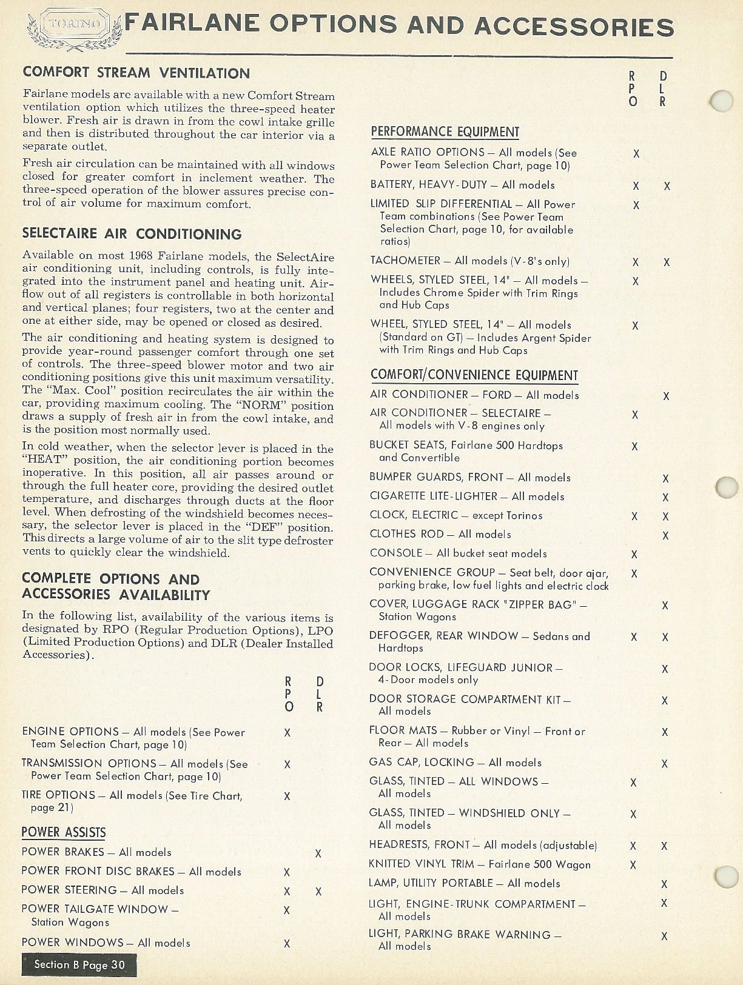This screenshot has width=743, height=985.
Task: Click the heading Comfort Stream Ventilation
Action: coord(136,73)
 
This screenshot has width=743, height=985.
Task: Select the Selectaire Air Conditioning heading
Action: coord(132,234)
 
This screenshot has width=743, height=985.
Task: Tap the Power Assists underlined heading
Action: coord(63,833)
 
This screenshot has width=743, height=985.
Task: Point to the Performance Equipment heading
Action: coord(445,132)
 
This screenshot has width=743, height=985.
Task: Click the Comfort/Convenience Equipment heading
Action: coord(474,376)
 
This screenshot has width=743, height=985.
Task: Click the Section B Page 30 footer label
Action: coord(79,965)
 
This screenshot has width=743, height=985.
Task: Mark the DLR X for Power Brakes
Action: coord(318,853)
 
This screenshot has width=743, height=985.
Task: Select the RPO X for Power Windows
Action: coord(287,943)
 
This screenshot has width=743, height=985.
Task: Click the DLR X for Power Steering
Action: coord(318,892)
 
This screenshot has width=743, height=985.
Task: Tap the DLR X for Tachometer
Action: coord(667,262)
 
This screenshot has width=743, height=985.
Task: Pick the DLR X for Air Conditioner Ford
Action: coord(666,396)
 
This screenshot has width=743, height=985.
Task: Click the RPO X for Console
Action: coord(634,554)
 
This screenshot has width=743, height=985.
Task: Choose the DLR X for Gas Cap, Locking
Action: coord(665,764)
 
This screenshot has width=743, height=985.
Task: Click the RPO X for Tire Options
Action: coord(287,796)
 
